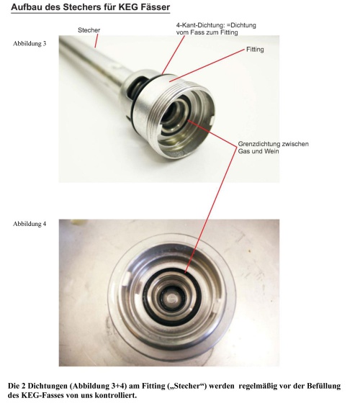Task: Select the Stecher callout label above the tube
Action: (89, 30)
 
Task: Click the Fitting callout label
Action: (255, 49)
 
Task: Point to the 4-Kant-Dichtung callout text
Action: (216, 29)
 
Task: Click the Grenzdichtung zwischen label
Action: (273, 144)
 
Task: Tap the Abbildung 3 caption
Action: (30, 43)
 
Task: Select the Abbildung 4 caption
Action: (30, 224)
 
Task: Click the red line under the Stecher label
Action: (96, 41)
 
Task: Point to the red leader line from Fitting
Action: (207, 66)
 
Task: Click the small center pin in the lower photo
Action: (173, 298)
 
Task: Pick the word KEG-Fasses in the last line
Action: (39, 395)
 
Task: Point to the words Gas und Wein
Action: (258, 151)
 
